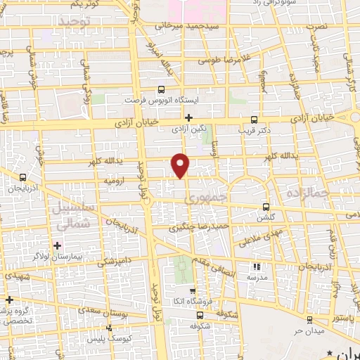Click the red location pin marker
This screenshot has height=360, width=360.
[x=181, y=165]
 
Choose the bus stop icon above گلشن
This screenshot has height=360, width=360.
[x=266, y=207]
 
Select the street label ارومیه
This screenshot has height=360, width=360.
[x=115, y=181]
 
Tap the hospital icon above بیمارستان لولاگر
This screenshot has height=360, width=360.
[x=58, y=244]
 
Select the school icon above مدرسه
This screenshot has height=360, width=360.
[x=257, y=266]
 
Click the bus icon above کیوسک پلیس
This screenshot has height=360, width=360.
[x=109, y=328]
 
